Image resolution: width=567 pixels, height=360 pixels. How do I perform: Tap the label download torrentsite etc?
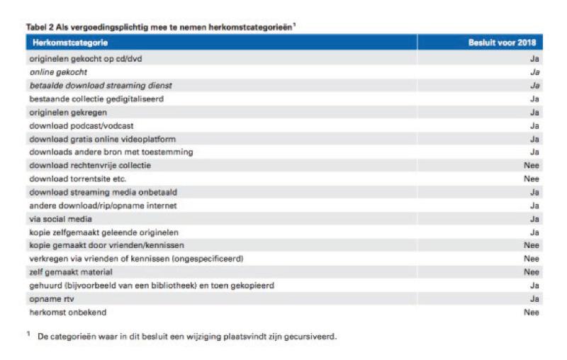pyautogui.click(x=77, y=179)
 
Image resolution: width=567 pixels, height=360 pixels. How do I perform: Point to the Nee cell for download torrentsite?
pyautogui.click(x=531, y=179)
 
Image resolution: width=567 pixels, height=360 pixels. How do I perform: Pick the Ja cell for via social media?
pyautogui.click(x=534, y=219)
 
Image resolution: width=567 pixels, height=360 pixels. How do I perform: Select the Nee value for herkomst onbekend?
pyautogui.click(x=531, y=313)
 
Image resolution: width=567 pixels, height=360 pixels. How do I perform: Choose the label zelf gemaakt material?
pyautogui.click(x=71, y=272)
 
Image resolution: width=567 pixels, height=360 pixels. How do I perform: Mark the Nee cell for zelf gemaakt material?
pyautogui.click(x=531, y=272)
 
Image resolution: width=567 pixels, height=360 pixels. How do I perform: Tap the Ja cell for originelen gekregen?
pyautogui.click(x=534, y=112)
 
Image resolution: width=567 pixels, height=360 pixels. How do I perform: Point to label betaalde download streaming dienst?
pyautogui.click(x=101, y=85)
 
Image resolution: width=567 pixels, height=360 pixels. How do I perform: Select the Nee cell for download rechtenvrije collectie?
pyautogui.click(x=531, y=165)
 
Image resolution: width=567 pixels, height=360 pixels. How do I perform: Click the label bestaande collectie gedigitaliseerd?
pyautogui.click(x=96, y=99)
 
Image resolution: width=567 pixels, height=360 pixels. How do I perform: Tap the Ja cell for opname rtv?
pyautogui.click(x=534, y=299)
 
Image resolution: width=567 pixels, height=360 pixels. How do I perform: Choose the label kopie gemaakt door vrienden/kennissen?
pyautogui.click(x=103, y=245)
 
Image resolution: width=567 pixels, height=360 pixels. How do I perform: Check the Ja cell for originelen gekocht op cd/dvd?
pyautogui.click(x=534, y=58)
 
